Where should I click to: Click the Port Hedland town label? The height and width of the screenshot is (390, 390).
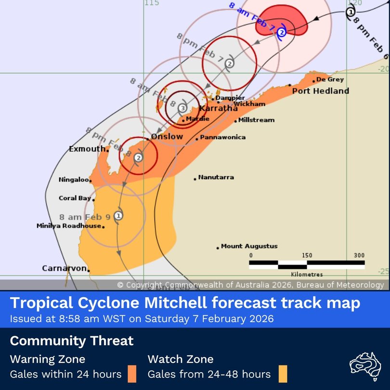tap(320, 91)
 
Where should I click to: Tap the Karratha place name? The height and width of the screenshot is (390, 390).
tap(218, 109)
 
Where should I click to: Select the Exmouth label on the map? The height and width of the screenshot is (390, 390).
tap(87, 149)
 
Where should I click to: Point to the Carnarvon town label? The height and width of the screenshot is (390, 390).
tap(64, 268)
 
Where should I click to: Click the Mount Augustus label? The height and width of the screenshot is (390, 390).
tap(249, 247)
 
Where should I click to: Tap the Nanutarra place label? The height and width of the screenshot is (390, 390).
tap(216, 177)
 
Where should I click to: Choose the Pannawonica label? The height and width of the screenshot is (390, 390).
tap(222, 137)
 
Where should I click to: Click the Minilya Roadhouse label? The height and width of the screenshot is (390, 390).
tap(69, 226)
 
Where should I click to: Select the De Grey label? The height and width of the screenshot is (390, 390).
tap(330, 80)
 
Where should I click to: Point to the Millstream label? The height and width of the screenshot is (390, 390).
tap(257, 120)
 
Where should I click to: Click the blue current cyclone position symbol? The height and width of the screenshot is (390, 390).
tap(282, 32)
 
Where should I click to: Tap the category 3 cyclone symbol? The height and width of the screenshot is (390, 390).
tap(182, 108)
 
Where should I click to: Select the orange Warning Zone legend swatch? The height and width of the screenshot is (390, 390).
tap(131, 374)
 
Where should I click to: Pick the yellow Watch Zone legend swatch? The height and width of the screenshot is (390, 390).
tap(283, 374)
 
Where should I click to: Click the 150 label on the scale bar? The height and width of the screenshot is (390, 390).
tap(307, 256)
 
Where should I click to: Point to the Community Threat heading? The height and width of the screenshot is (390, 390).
tap(72, 341)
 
